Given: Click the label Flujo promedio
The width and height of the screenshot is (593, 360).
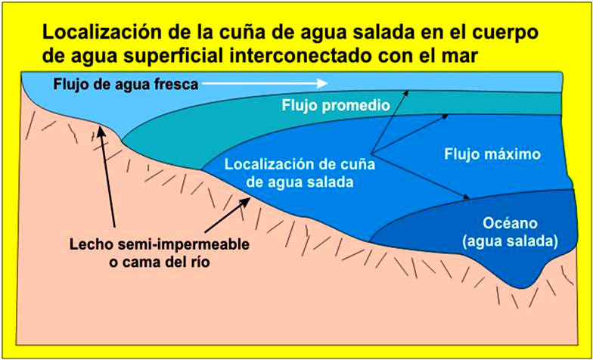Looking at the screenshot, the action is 336,105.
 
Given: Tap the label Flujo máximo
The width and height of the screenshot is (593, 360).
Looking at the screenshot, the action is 492,154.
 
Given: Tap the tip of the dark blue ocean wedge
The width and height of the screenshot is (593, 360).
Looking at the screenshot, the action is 370,242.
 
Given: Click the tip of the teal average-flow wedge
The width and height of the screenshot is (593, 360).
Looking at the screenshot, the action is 123,141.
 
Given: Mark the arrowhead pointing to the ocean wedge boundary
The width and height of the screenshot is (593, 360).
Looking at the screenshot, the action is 466,197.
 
